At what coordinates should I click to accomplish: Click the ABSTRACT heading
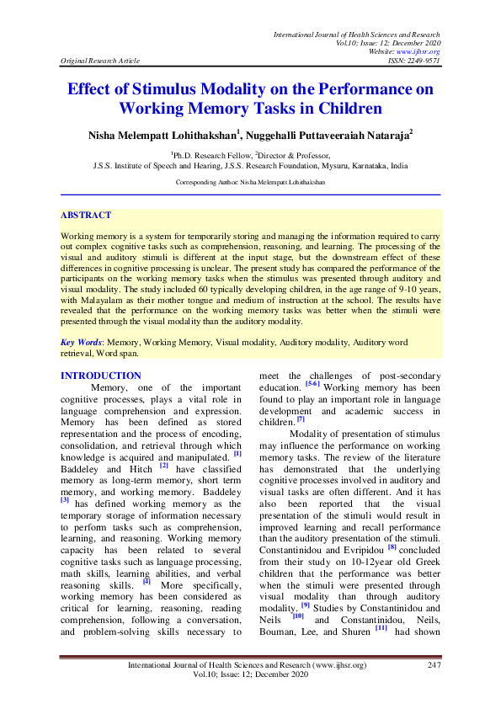(x=86, y=216)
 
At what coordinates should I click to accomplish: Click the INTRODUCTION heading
(x=101, y=376)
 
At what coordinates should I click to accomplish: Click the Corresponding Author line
(x=250, y=182)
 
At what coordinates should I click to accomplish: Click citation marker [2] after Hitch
(x=164, y=464)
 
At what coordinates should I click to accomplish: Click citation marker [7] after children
(x=301, y=418)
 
